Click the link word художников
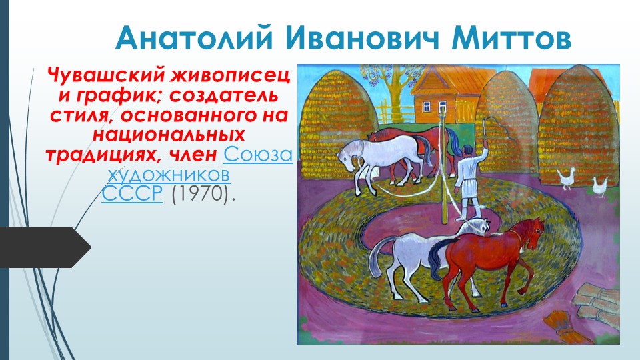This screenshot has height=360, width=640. point(169,175)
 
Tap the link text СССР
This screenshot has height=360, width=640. point(132,194)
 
